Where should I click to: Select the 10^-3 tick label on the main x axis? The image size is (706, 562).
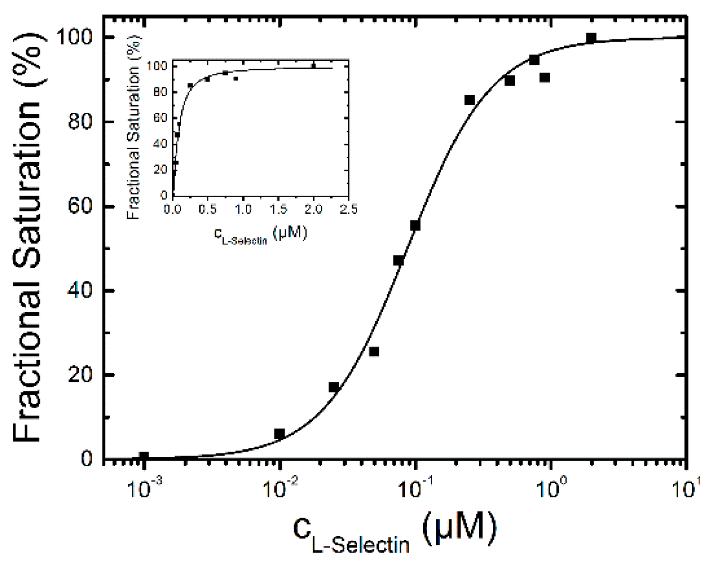click(144, 488)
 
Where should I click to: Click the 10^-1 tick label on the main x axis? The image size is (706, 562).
click(416, 488)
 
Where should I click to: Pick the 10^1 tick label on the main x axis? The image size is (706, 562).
click(686, 488)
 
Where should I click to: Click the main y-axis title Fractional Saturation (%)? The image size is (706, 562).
click(28, 237)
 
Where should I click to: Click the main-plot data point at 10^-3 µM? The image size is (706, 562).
click(144, 457)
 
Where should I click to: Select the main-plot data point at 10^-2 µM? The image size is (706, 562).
click(279, 434)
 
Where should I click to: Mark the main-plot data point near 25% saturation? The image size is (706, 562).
click(374, 352)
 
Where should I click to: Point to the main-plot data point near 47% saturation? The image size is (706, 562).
click(399, 261)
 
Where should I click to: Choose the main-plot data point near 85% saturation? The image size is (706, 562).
click(470, 100)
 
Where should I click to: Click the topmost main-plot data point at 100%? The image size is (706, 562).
click(591, 38)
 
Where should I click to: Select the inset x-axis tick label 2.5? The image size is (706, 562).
click(349, 209)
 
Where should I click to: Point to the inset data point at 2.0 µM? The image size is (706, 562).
click(313, 66)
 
